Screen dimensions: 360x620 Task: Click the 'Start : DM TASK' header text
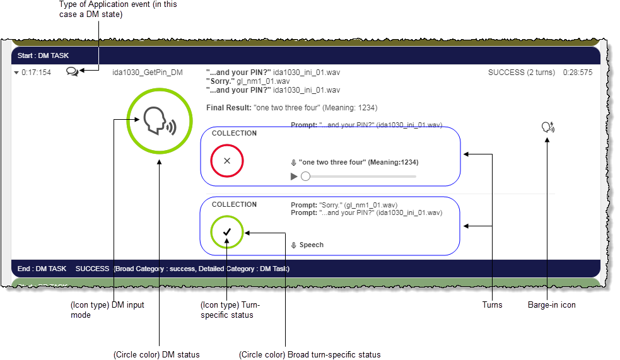43,55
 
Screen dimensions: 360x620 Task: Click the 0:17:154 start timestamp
36,73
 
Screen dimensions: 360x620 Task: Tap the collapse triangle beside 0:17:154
16,73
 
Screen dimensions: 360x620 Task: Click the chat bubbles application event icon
73,73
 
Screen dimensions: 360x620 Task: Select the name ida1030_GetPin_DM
147,73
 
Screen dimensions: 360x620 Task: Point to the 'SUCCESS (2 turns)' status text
521,73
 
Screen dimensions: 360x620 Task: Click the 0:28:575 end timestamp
577,73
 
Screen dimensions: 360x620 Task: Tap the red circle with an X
227,161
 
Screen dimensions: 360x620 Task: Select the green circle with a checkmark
227,232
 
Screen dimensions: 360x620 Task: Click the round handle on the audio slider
306,177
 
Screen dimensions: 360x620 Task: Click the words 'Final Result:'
228,108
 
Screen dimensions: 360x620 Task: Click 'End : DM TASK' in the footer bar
42,269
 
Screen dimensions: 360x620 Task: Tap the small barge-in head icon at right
547,127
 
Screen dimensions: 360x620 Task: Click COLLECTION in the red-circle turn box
234,134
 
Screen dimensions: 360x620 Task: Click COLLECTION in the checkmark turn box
234,204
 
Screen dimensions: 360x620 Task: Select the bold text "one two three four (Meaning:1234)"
358,163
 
